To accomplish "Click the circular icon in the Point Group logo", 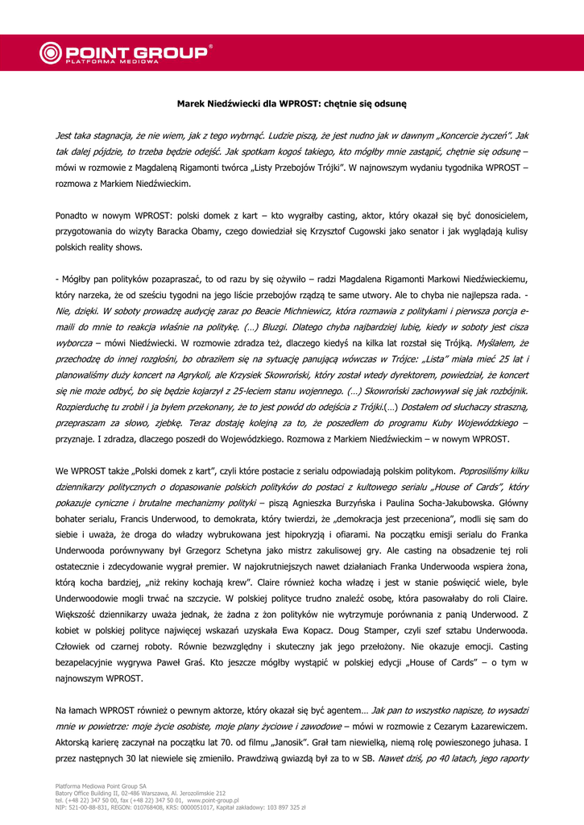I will click(x=52, y=54).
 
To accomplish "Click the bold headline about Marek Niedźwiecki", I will click(x=292, y=104).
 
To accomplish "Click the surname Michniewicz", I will click(x=307, y=310).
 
